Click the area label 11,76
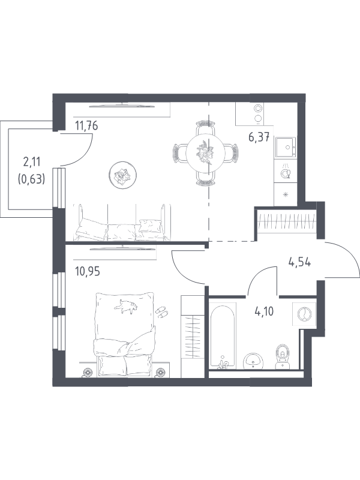pos(86,125)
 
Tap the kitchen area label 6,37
pos(259,137)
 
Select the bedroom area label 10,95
pos(88,271)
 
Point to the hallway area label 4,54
pos(299,262)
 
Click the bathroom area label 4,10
pos(264,311)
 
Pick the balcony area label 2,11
pos(32,161)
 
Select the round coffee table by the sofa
pos(122,175)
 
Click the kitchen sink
pos(286,147)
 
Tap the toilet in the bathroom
pos(281,356)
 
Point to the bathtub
pos(223,335)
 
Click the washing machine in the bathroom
pos(304,314)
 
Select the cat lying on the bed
pos(126,306)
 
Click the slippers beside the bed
pos(161,312)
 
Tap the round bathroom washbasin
pos(253,361)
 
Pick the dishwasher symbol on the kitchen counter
pos(286,172)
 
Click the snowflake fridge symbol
pos(286,194)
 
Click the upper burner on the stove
pos(259,109)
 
